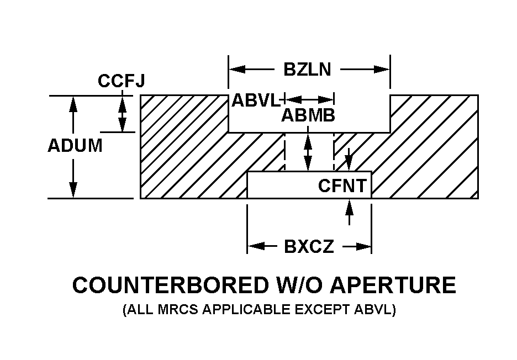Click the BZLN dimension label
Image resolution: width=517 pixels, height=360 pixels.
click(x=307, y=70)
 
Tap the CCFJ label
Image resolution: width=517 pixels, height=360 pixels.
click(x=122, y=81)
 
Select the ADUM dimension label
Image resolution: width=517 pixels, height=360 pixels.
click(x=75, y=146)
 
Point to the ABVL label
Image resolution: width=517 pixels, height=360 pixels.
click(x=256, y=100)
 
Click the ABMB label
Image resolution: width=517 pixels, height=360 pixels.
click(x=308, y=116)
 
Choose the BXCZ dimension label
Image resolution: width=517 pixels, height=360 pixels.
click(x=309, y=246)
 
